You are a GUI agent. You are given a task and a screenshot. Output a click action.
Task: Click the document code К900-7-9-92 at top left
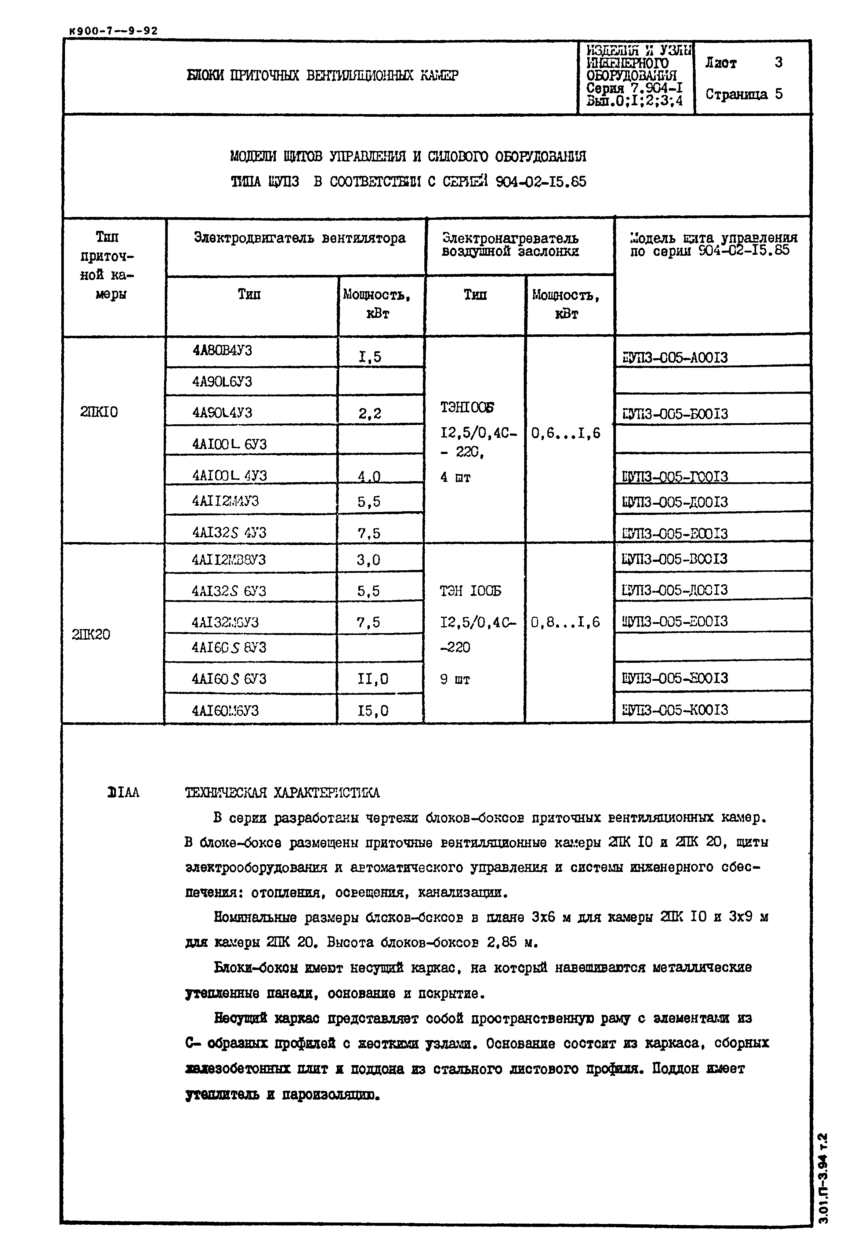point(113,31)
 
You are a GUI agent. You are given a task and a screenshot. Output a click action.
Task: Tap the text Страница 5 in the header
point(744,95)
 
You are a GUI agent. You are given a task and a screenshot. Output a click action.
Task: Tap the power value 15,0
point(373,711)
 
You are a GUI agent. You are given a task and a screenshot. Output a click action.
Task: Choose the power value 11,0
point(373,679)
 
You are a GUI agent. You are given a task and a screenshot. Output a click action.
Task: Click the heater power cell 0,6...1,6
point(566,433)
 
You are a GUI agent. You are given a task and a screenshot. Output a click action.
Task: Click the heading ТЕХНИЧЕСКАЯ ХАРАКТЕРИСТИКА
point(282,793)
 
